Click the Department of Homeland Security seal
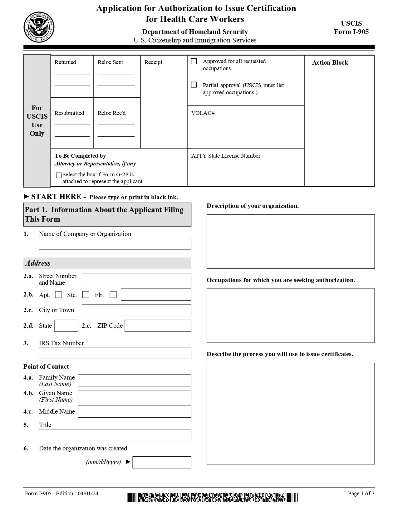pyautogui.click(x=39, y=27)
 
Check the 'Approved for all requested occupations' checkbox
pyautogui.click(x=194, y=61)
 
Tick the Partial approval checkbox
pyautogui.click(x=194, y=85)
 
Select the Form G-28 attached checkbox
pyautogui.click(x=59, y=175)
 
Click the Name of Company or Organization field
pyautogui.click(x=115, y=244)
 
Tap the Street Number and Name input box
pyautogui.click(x=136, y=279)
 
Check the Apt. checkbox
pyautogui.click(x=59, y=295)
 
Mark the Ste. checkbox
pyautogui.click(x=86, y=295)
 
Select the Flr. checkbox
pyautogui.click(x=113, y=295)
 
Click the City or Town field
pyautogui.click(x=136, y=310)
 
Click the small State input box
pyautogui.click(x=66, y=326)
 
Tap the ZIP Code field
pyautogui.click(x=158, y=326)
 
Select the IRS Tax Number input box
pyautogui.click(x=115, y=353)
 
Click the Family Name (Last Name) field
pyautogui.click(x=134, y=380)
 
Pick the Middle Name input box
pyautogui.click(x=134, y=412)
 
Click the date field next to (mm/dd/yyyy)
pyautogui.click(x=162, y=462)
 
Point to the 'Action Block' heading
pyautogui.click(x=330, y=62)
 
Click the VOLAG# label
pyautogui.click(x=203, y=113)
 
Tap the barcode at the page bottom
pyautogui.click(x=213, y=497)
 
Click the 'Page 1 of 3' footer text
pyautogui.click(x=361, y=493)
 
